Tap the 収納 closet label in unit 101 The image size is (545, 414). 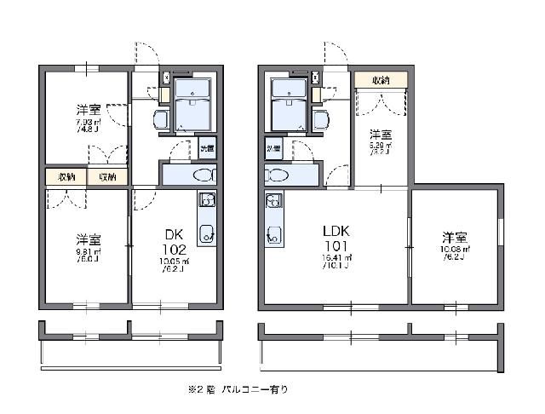380,79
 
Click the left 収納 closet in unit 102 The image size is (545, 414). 66,177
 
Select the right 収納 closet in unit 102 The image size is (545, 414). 107,177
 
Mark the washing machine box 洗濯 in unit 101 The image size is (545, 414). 273,149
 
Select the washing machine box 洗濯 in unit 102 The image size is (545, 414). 207,149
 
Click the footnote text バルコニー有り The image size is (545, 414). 255,389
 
